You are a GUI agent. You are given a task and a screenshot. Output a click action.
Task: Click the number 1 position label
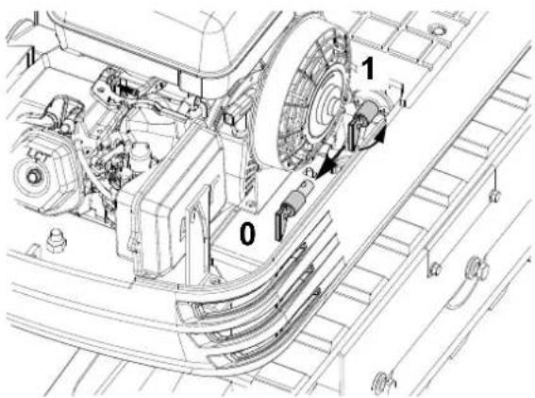point(367,68)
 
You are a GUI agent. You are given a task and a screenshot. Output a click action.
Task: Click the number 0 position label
point(247,234)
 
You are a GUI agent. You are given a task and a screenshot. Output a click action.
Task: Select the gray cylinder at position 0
point(293,201)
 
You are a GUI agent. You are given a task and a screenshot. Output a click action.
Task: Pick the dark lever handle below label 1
point(355,132)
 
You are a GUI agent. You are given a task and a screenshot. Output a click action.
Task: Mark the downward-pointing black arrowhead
point(326,167)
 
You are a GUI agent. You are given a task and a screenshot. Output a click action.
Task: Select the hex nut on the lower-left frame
point(56,240)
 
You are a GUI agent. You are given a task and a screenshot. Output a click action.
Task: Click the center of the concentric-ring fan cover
point(333,103)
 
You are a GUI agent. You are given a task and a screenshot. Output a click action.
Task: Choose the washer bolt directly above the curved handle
point(476,268)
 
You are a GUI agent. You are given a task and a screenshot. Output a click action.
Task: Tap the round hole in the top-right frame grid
point(438,29)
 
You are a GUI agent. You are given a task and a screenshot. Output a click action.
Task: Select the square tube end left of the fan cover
point(230,118)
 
